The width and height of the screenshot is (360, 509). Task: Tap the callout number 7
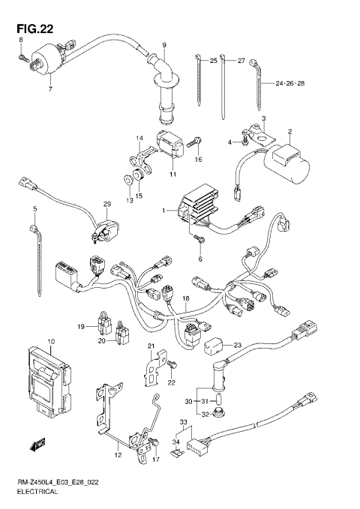click(x=51, y=90)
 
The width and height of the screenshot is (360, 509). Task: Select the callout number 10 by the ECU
click(x=51, y=342)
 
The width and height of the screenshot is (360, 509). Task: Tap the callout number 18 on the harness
click(x=186, y=298)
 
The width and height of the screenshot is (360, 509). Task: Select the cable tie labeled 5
click(x=34, y=240)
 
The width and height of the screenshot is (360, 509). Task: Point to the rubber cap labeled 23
click(x=216, y=346)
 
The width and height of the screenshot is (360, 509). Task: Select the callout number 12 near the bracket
click(x=118, y=455)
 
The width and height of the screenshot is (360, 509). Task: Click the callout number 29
click(x=106, y=205)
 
